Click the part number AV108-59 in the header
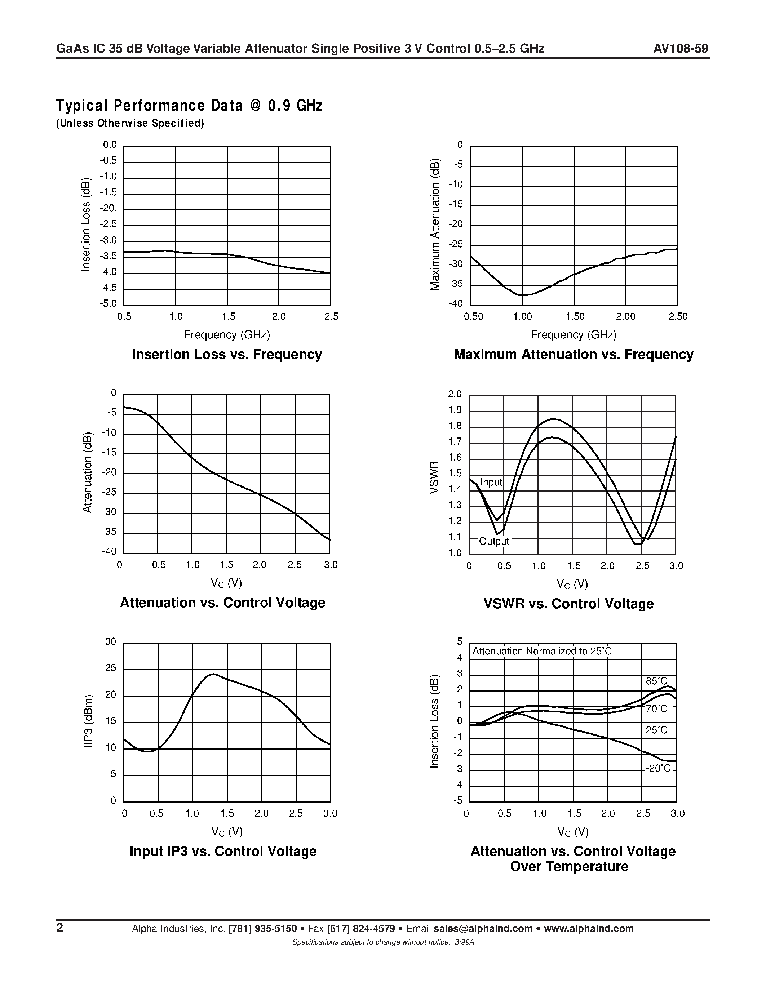click(680, 49)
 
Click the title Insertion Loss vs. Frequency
click(226, 354)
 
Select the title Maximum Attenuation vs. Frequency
click(573, 354)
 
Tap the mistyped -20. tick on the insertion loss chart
click(108, 208)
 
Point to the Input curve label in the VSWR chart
click(491, 482)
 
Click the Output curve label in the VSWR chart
click(494, 541)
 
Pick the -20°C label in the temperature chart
click(657, 768)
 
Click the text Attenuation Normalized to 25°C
click(542, 651)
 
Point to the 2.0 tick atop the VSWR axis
click(455, 394)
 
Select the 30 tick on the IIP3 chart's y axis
click(111, 641)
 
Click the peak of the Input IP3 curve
click(212, 674)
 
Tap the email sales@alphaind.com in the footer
click(483, 928)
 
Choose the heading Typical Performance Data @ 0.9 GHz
click(189, 106)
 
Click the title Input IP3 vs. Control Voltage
click(223, 851)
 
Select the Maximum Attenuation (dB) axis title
click(435, 224)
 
